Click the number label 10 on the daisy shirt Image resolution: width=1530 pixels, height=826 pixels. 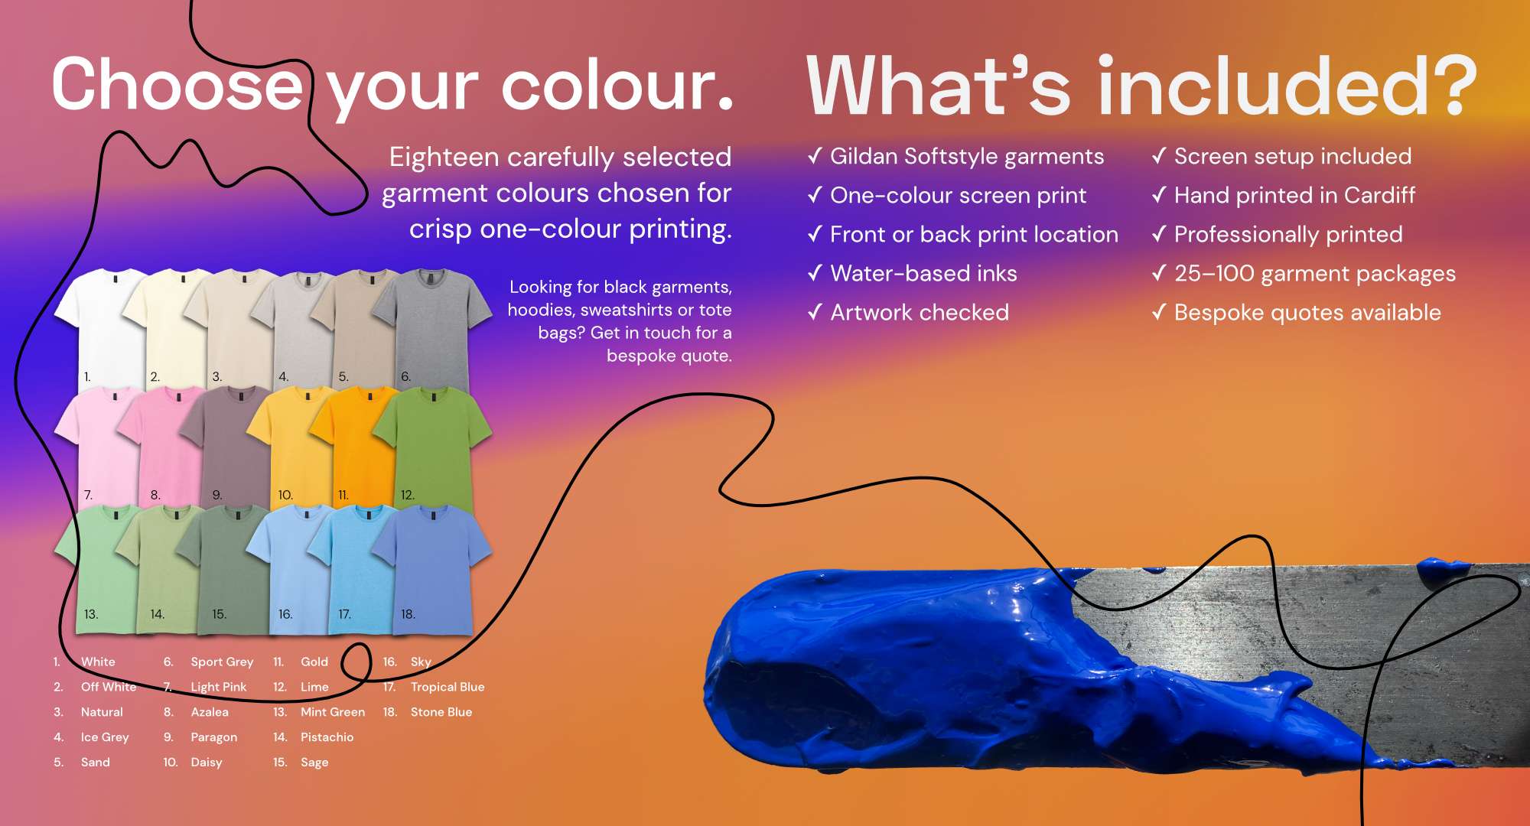click(x=285, y=495)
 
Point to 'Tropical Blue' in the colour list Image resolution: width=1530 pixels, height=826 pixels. click(x=448, y=687)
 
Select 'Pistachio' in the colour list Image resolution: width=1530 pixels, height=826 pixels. click(x=327, y=737)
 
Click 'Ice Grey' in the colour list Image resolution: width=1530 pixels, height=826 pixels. click(x=105, y=737)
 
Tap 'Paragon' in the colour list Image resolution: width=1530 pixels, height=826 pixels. click(x=214, y=737)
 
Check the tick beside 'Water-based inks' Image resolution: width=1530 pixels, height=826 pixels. click(x=815, y=272)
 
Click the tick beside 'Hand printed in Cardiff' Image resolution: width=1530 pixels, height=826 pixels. click(x=1159, y=194)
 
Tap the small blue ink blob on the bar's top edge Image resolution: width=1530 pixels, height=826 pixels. click(x=1442, y=568)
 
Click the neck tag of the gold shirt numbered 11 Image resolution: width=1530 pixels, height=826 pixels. click(x=370, y=397)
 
